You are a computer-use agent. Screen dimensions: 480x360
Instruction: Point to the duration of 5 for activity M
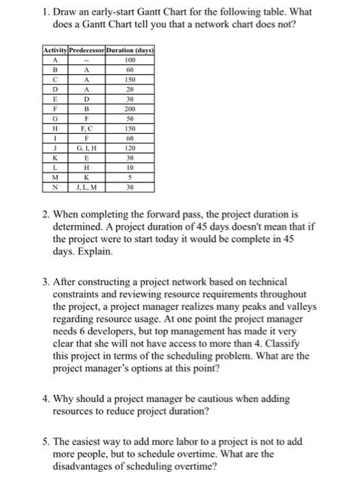pos(129,177)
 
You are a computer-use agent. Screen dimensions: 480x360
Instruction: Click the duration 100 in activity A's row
pos(129,61)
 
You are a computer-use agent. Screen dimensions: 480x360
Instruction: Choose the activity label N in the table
pos(54,187)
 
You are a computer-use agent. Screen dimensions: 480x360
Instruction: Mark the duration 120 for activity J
pos(129,147)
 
